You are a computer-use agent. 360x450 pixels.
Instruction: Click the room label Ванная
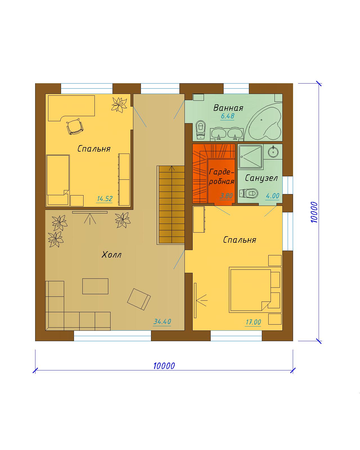[228, 108]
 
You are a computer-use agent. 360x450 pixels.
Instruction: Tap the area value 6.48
[228, 116]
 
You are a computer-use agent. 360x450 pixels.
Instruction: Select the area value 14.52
[105, 199]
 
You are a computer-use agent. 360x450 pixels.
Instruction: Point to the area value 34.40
[162, 321]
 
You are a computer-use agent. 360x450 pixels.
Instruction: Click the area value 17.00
[253, 322]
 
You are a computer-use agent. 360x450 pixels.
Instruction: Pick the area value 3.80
[226, 196]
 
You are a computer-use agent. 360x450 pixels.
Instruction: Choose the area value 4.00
[272, 196]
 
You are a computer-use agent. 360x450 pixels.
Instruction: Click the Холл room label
[111, 255]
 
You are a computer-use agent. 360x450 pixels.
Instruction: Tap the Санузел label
[261, 178]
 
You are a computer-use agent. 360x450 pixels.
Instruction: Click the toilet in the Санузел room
[249, 193]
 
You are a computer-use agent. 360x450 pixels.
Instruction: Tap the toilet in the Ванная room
[201, 130]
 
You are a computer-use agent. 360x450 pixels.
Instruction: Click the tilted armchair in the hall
[139, 299]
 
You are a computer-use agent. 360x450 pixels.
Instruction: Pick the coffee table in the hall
[95, 286]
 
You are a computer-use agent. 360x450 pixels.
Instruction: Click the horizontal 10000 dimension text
[164, 366]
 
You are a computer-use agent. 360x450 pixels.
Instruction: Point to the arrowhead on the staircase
[172, 168]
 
